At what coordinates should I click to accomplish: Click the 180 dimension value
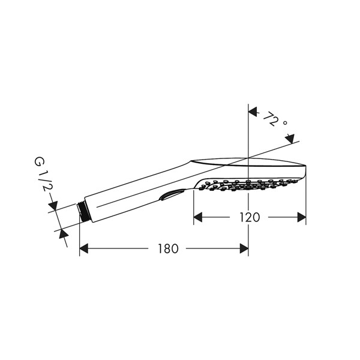pyautogui.click(x=168, y=248)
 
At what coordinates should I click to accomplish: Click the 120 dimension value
pyautogui.click(x=250, y=217)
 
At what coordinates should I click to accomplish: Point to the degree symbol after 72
pyautogui.click(x=285, y=123)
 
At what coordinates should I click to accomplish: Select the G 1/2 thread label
pyautogui.click(x=44, y=174)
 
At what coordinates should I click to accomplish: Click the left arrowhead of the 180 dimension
pyautogui.click(x=84, y=248)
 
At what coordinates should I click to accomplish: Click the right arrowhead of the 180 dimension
pyautogui.click(x=244, y=248)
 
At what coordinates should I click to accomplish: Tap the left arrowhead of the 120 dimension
pyautogui.click(x=198, y=217)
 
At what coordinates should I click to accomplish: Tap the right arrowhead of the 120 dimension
pyautogui.click(x=301, y=217)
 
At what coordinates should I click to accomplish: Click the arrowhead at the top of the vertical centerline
pyautogui.click(x=253, y=112)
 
